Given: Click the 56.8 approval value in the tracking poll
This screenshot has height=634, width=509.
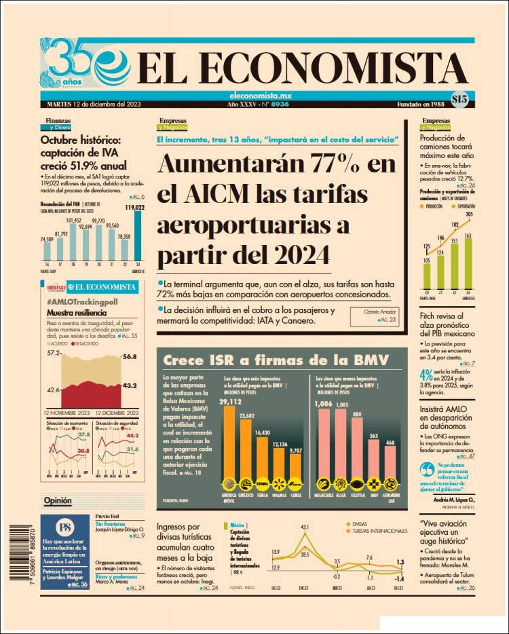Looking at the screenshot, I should (x=130, y=356).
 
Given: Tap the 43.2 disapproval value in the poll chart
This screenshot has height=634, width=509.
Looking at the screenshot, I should (x=130, y=386).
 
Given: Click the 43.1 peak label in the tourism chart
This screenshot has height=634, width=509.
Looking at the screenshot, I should (x=305, y=527).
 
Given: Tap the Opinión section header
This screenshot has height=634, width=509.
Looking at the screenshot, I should (x=58, y=502).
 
